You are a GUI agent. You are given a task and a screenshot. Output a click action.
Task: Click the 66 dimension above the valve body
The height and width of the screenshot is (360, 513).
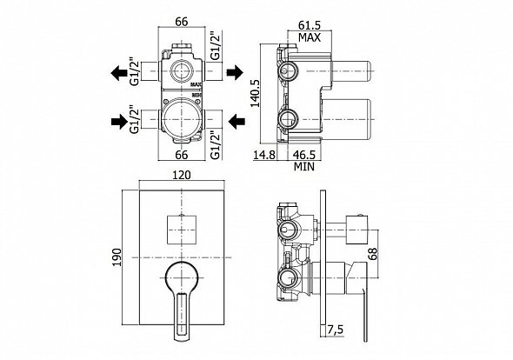pos(181,22)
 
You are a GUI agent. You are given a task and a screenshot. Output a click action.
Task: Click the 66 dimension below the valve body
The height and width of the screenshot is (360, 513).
pos(181,154)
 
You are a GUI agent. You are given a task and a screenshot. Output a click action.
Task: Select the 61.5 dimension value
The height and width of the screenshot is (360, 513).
pos(310,25)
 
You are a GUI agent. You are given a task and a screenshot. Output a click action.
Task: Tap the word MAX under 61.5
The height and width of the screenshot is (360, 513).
pos(310,37)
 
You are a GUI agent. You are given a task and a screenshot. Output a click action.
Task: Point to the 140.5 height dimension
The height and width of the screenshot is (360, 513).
pos(255,93)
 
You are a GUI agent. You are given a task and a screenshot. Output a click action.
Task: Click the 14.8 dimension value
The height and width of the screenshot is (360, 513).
pos(264,155)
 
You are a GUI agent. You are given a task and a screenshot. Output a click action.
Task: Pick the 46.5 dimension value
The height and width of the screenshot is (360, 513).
pos(304,155)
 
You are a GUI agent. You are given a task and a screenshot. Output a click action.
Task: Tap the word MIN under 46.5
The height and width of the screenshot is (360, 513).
pos(304,167)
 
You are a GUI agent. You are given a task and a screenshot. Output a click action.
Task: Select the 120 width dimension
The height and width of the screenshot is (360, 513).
pos(182,175)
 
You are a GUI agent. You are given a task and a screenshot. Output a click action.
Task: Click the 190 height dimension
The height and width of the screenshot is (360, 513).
pos(117,257)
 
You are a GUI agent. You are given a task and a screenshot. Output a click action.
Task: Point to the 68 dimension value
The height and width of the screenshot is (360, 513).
pos(373,254)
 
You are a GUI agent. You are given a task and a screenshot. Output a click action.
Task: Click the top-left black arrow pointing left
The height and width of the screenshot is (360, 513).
pos(119,73)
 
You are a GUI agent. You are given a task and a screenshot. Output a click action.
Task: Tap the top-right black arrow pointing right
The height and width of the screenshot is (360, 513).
pos(235,72)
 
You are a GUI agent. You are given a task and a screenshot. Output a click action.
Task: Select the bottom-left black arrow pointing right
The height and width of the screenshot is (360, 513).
pos(119,122)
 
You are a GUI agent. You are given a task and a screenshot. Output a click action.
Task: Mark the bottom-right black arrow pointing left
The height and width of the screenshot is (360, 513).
pos(237,122)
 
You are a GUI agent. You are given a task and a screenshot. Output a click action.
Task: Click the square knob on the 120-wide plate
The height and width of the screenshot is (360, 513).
pos(182,230)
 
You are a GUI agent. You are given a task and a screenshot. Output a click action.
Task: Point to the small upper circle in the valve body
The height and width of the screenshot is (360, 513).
pos(182,70)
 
